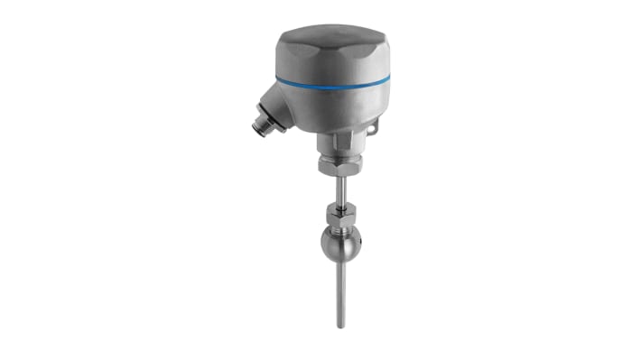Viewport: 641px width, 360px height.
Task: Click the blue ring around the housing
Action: [x=334, y=83]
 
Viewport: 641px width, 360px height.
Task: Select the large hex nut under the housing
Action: [x=339, y=164]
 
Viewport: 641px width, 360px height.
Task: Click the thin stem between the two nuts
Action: [x=339, y=191]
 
